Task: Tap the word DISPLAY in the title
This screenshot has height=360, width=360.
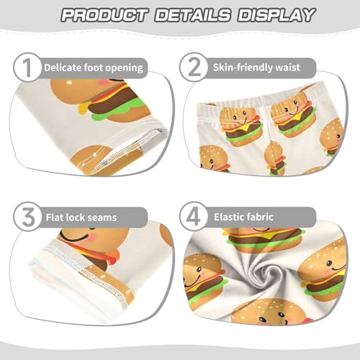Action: coord(275,15)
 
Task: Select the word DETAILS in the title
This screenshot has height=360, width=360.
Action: coord(192,15)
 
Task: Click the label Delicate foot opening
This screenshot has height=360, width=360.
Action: coord(94,68)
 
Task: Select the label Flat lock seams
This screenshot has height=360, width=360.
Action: coord(80,216)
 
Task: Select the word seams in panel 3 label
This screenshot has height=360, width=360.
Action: coord(102,216)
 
